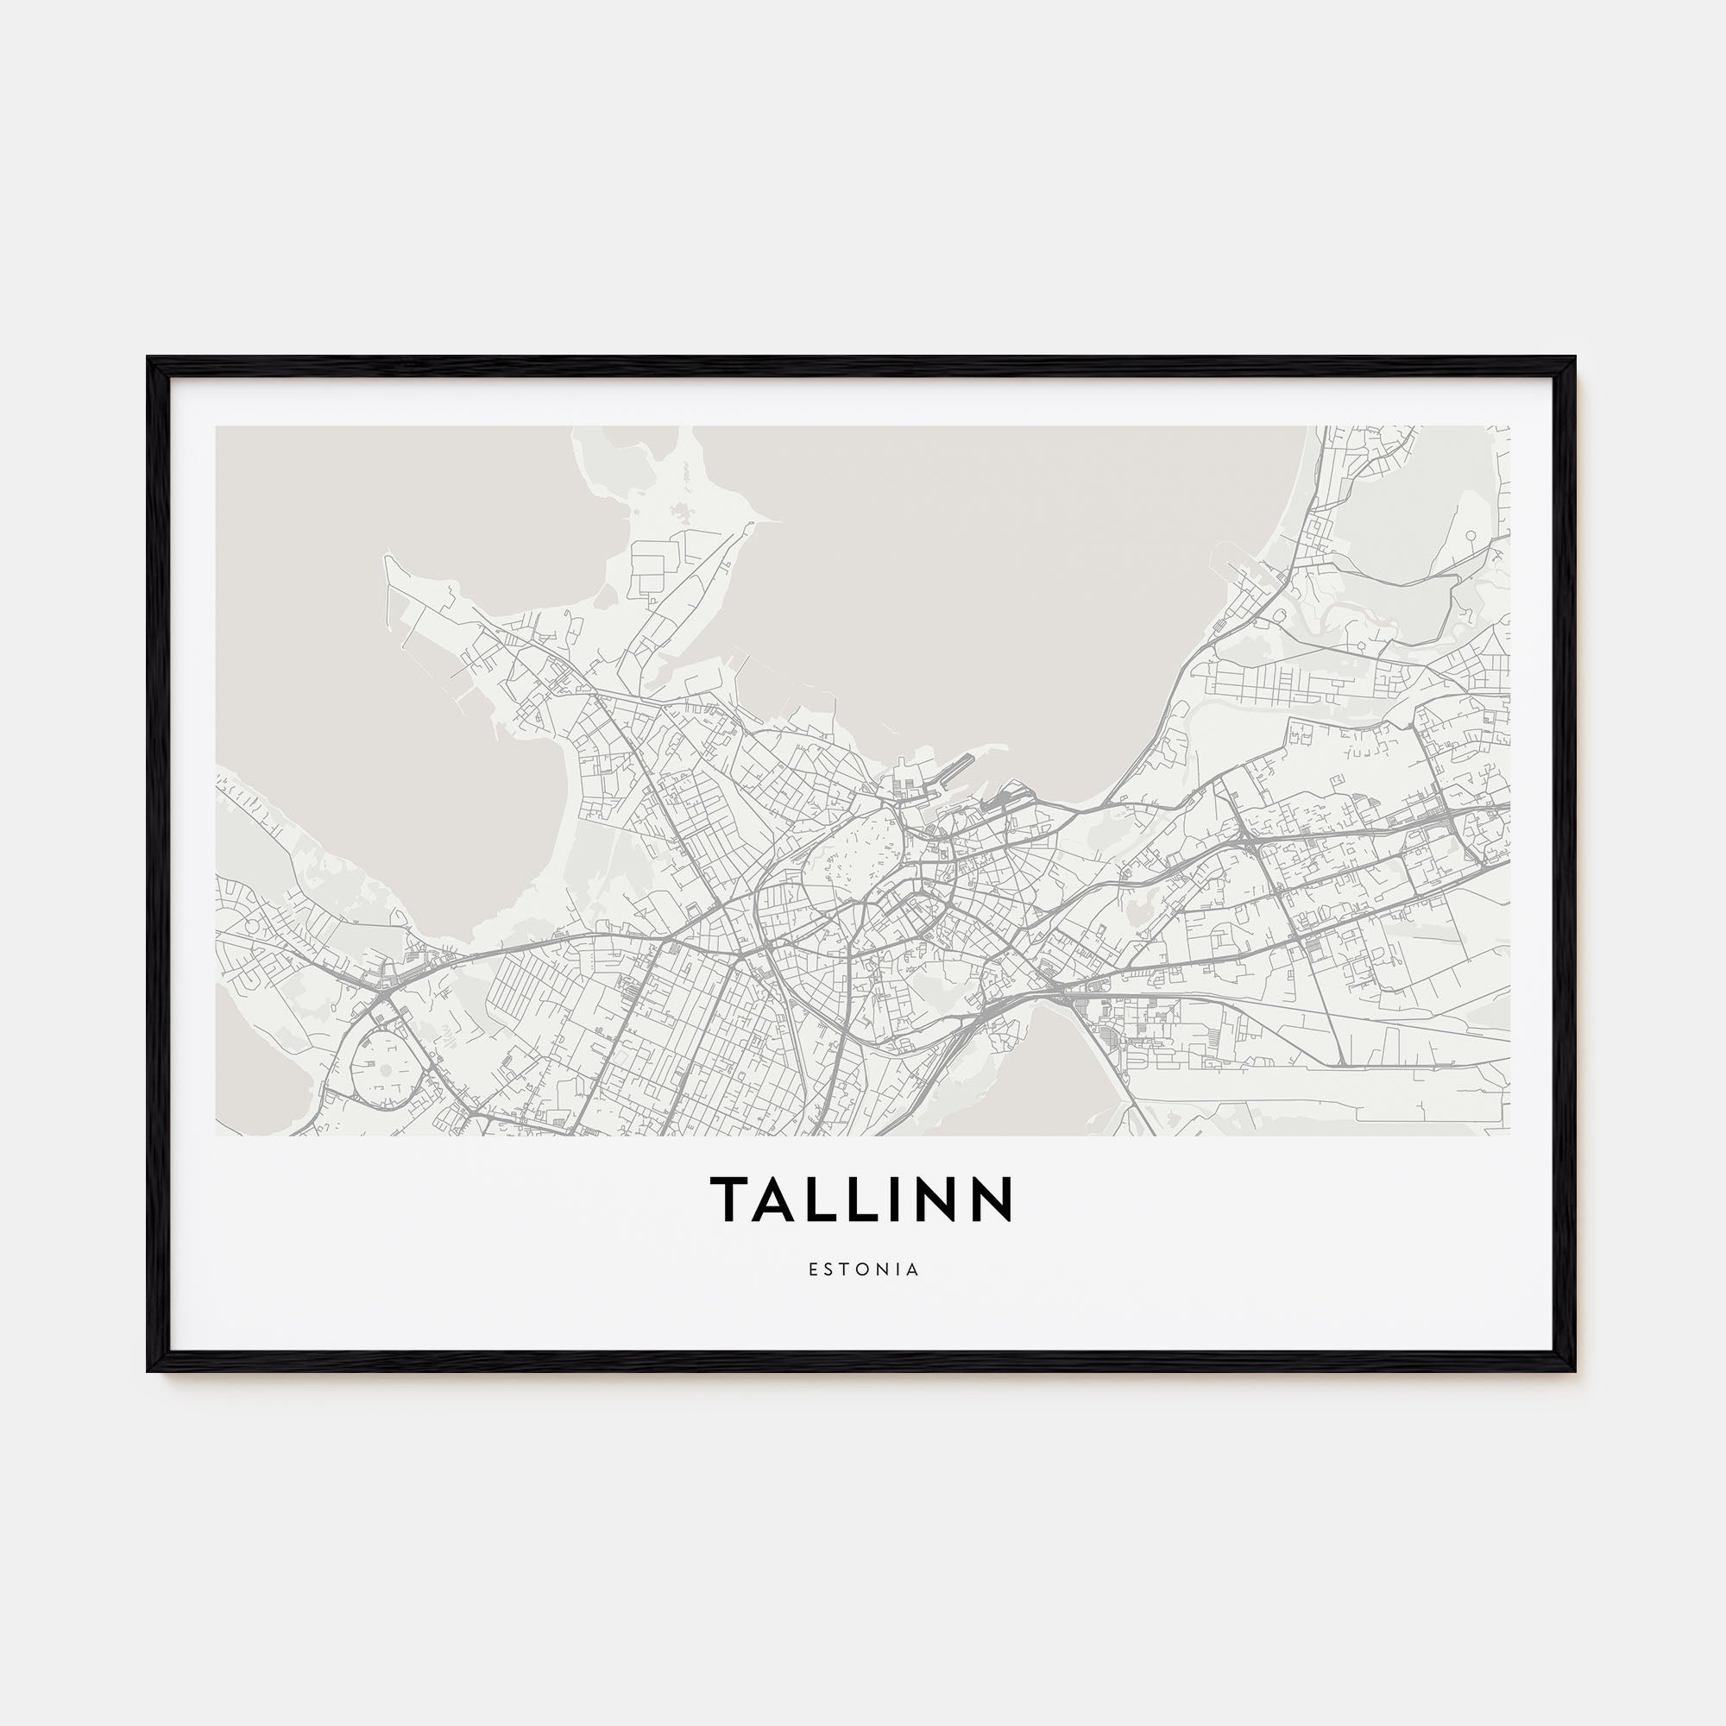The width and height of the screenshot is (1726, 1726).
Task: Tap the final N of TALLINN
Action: click(992, 1199)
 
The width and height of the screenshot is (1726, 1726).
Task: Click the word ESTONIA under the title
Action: click(863, 1269)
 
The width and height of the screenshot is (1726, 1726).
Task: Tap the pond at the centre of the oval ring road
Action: click(385, 1068)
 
